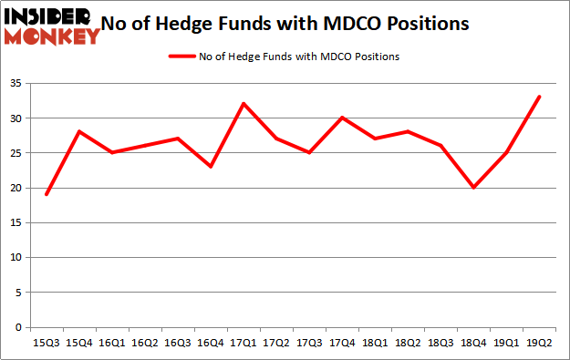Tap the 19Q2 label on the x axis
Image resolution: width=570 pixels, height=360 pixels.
coord(540,343)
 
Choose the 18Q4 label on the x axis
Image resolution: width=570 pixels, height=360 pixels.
coord(474,343)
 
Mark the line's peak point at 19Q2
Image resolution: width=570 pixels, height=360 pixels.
coord(540,97)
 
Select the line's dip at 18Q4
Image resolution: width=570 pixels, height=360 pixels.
coord(474,188)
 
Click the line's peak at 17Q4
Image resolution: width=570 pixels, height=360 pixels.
coord(343,118)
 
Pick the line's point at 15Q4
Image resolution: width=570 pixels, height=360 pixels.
coord(80,131)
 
